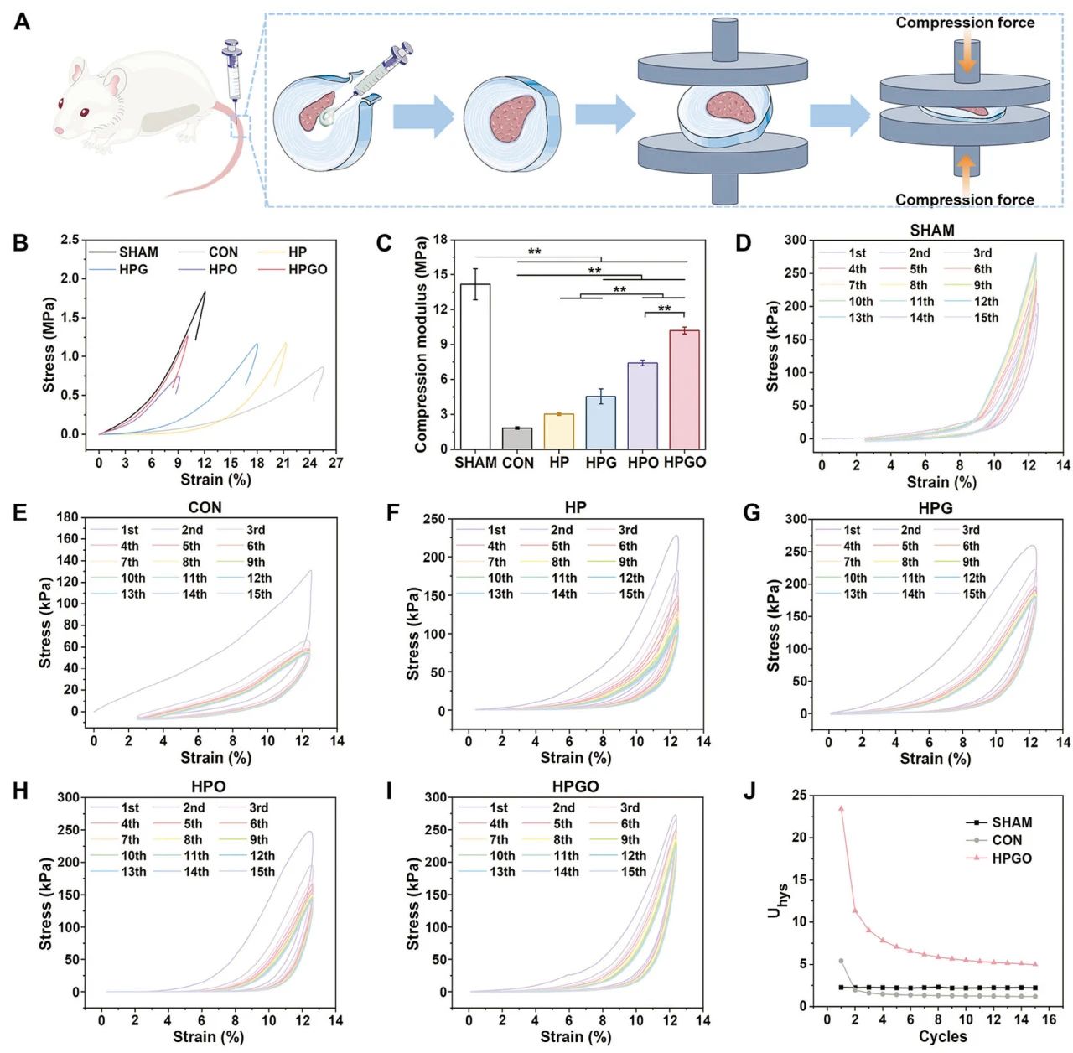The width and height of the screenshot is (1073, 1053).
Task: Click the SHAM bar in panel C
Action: pyautogui.click(x=475, y=366)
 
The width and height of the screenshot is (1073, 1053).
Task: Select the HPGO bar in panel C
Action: pyautogui.click(x=684, y=390)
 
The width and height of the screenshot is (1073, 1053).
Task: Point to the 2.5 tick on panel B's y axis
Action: pyautogui.click(x=70, y=241)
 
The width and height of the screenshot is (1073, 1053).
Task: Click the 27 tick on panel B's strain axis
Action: pyautogui.click(x=335, y=463)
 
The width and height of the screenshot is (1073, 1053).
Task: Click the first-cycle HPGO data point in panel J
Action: pyautogui.click(x=841, y=809)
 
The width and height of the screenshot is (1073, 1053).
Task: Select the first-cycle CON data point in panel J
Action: pyautogui.click(x=841, y=961)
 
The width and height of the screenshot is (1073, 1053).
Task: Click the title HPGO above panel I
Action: pyautogui.click(x=576, y=786)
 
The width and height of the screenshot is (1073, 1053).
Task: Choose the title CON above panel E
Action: pyautogui.click(x=205, y=508)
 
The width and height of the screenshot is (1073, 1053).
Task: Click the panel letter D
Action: pyautogui.click(x=743, y=243)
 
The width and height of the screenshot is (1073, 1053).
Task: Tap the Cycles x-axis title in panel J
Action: pyautogui.click(x=942, y=1037)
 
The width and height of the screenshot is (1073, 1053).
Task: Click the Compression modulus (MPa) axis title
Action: pyautogui.click(x=422, y=345)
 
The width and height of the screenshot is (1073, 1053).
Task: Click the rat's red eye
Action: pyautogui.click(x=84, y=112)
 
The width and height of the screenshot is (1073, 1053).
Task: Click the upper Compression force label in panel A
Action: pyautogui.click(x=965, y=23)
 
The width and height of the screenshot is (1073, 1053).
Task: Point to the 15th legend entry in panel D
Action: pyautogui.click(x=973, y=318)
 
